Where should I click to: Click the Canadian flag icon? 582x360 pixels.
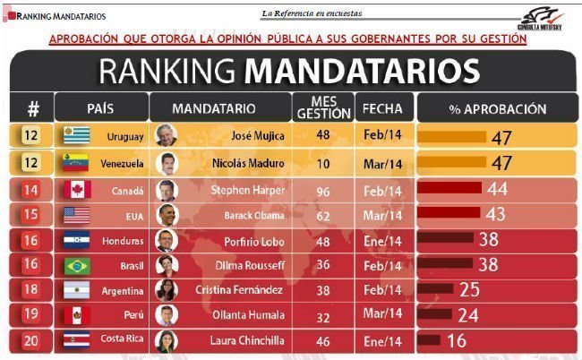point(78,189)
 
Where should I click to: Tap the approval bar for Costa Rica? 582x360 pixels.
point(429,340)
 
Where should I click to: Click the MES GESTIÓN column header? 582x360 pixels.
point(324,108)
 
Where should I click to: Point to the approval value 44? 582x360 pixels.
point(497,189)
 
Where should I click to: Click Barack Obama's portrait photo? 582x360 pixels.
point(167,215)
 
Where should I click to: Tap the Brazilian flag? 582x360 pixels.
point(78,266)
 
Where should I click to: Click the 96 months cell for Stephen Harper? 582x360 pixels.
point(324,189)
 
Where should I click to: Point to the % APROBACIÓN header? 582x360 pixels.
point(497,108)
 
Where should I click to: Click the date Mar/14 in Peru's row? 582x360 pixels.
point(384,315)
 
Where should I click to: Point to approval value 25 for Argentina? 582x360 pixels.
point(469,289)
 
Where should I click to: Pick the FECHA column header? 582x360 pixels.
point(383,108)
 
